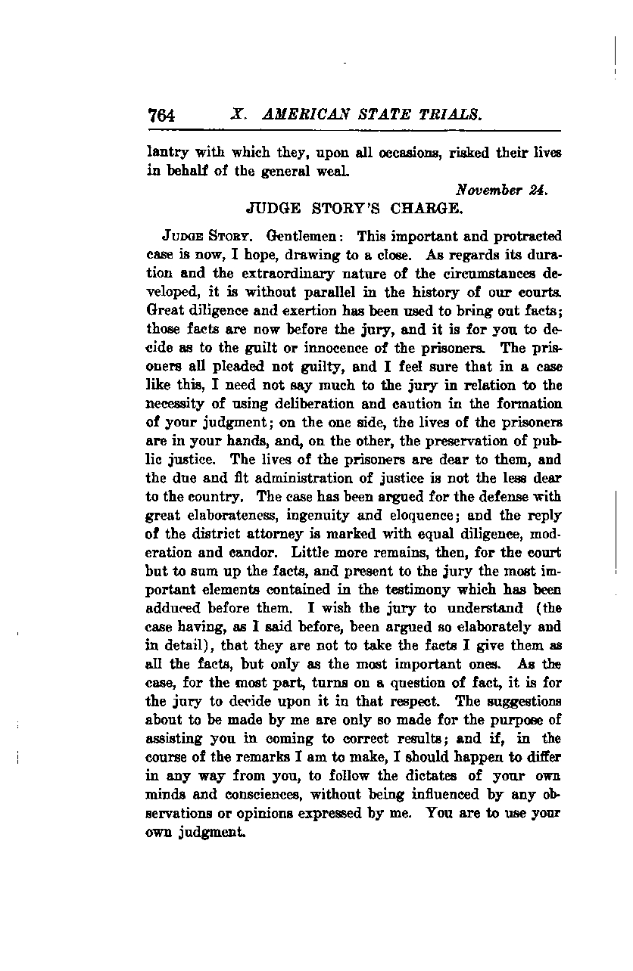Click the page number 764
[162, 115]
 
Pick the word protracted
[522, 236]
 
